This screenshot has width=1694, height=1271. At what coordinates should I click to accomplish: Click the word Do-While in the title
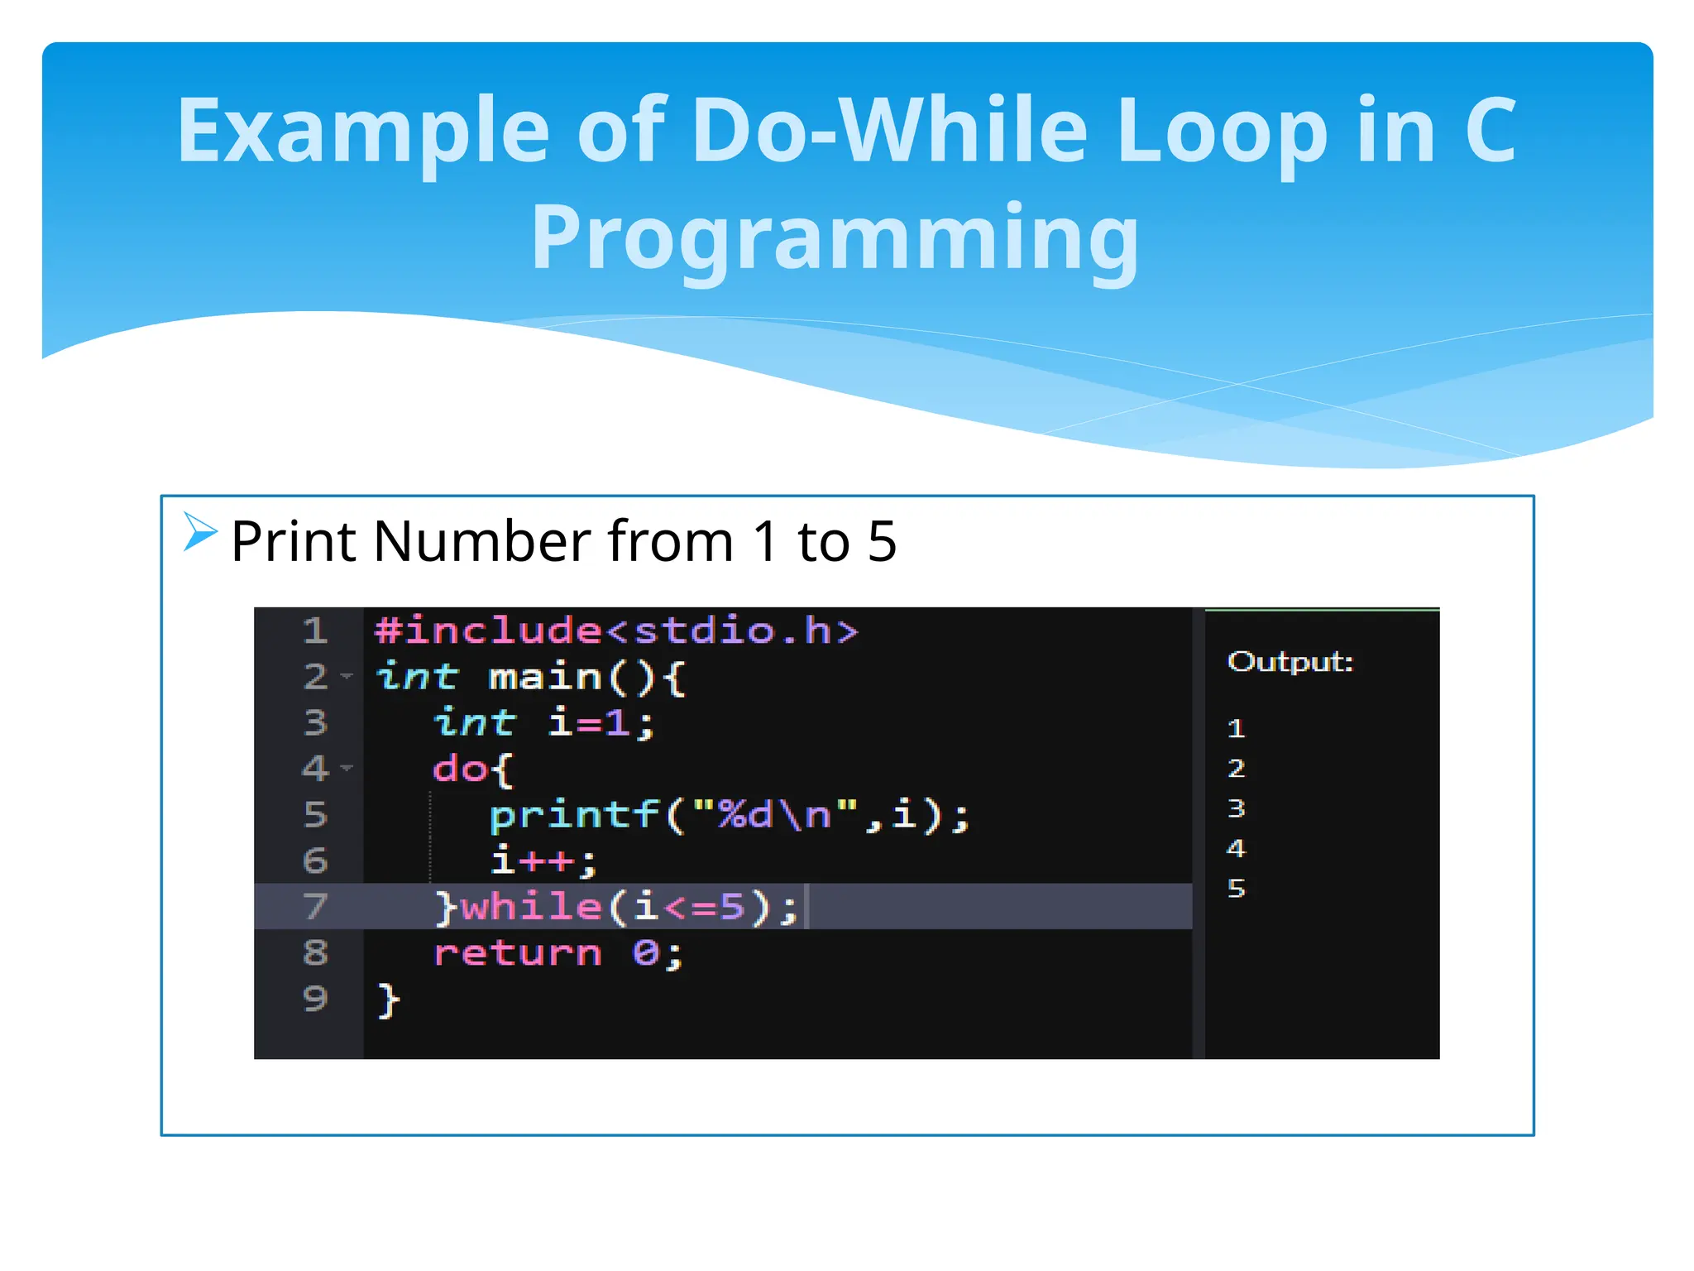pos(888,131)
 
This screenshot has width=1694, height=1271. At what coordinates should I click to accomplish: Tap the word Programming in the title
pos(835,237)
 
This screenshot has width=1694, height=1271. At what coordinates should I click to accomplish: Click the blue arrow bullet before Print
pos(199,531)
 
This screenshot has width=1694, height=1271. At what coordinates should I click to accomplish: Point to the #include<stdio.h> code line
pos(616,631)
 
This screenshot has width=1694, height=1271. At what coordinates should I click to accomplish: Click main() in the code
pos(571,678)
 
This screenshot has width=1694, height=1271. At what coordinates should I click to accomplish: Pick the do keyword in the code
pos(460,770)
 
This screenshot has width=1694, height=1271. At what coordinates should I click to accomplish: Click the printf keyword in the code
pos(575,816)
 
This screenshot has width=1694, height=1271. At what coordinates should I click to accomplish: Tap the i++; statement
pos(543,861)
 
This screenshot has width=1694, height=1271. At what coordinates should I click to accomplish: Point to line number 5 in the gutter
pos(315,815)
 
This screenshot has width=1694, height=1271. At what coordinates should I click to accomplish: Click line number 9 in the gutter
pos(315,999)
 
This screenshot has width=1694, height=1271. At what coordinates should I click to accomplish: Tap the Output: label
pos(1290,662)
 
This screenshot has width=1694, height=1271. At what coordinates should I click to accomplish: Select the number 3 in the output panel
pos(1236,808)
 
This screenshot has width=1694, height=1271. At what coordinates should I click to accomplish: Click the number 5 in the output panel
pos(1236,889)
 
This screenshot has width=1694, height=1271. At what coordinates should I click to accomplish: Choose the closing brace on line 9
pos(389,1000)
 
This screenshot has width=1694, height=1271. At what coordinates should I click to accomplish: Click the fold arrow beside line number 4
pos(347,768)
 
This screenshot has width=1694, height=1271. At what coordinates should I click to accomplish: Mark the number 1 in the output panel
pos(1236,729)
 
